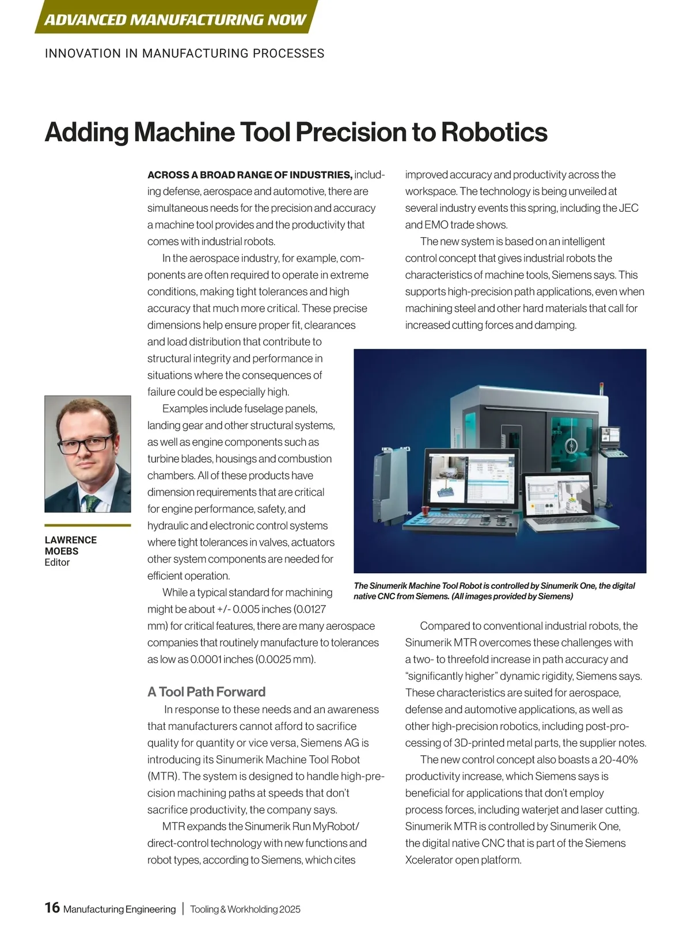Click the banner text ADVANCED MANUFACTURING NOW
[175, 20]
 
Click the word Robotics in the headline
[494, 132]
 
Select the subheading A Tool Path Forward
[206, 692]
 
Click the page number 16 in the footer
[52, 908]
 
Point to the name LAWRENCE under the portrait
[71, 540]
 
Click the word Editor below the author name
[57, 562]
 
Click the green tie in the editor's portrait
[90, 503]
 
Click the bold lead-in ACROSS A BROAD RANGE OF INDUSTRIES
[249, 175]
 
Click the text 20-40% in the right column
[618, 760]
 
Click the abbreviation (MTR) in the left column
[162, 777]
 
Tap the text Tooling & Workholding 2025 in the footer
[245, 910]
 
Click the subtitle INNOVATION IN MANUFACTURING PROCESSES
[184, 54]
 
